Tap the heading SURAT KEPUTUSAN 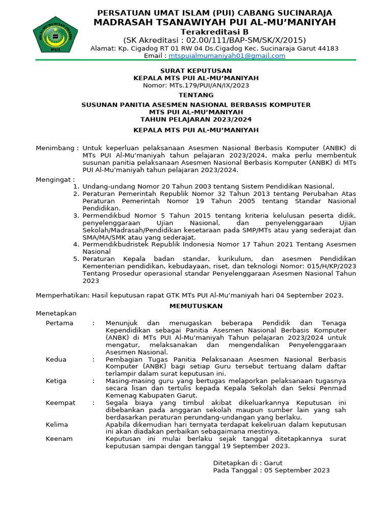pos(196,70)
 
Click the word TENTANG pos(196,95)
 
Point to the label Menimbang pos(57,148)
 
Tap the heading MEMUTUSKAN pos(196,305)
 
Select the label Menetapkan pos(56,313)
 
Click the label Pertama pos(59,323)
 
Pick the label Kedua pos(56,359)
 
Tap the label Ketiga pos(57,381)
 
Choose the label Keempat pos(60,402)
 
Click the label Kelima pos(57,424)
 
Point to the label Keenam pos(59,439)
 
